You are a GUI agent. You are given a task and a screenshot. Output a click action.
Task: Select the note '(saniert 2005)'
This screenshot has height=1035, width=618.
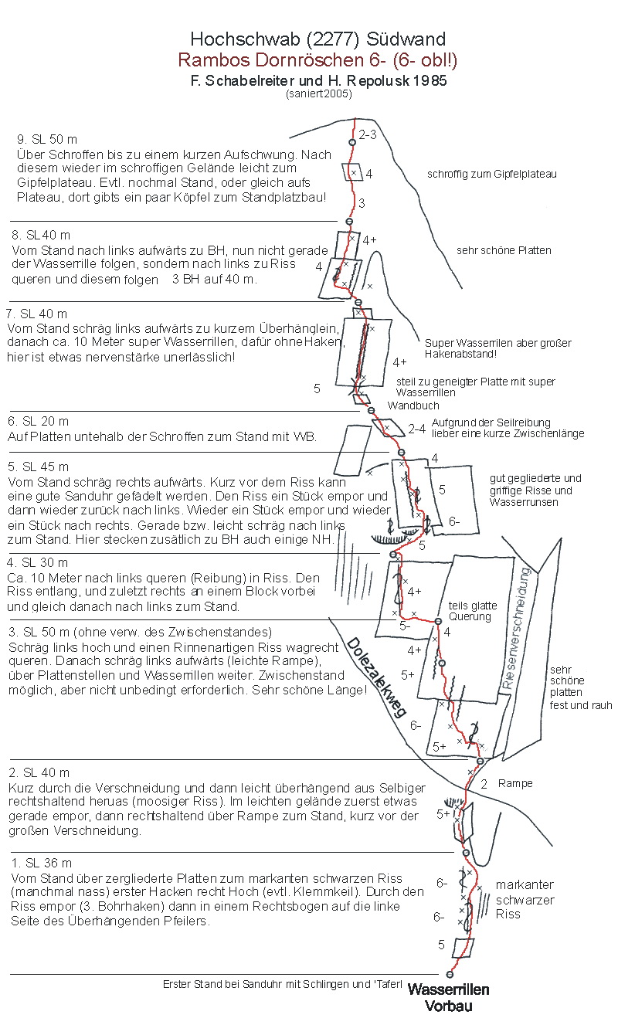318,94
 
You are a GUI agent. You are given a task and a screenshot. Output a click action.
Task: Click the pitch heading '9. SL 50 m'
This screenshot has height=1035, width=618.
47,140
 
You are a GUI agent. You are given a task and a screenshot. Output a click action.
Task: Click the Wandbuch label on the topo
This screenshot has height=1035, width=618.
413,406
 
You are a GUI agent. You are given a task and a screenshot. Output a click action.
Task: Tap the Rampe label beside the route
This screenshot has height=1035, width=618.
515,783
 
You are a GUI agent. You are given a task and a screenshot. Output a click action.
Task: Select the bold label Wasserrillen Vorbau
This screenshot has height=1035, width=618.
448,997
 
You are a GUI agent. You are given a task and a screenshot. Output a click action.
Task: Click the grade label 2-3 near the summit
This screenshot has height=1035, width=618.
367,135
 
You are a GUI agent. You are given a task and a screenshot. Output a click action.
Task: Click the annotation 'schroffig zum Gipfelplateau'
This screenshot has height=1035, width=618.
491,175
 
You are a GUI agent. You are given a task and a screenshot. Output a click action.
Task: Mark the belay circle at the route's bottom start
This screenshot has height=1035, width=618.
450,975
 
